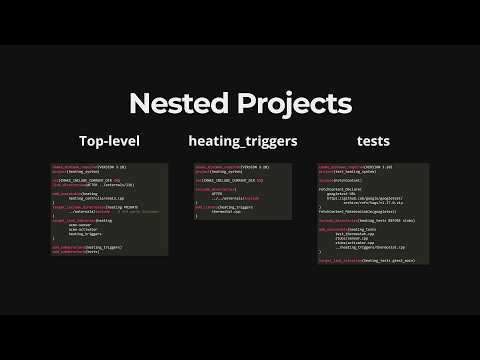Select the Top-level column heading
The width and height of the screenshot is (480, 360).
(110, 142)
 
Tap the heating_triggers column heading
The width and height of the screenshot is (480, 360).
(243, 142)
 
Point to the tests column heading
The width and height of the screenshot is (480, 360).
(359, 142)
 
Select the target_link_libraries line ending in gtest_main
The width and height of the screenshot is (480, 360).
(362, 258)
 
